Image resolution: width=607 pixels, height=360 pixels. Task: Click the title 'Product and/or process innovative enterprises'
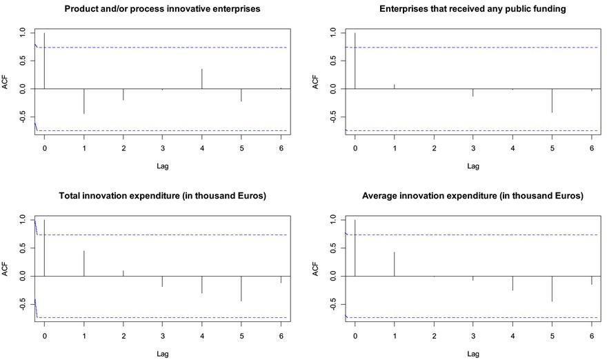pos(162,10)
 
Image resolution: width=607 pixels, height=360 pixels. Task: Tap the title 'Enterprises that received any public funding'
pos(472,10)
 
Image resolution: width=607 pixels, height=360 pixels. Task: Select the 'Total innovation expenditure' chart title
pos(162,196)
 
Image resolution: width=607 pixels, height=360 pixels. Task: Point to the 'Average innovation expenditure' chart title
pos(472,196)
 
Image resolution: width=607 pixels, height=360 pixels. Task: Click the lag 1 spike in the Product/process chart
pos(84,101)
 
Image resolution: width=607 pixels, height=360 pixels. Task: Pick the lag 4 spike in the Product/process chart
pos(202,79)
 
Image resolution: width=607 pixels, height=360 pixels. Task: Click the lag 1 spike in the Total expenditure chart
pos(84,263)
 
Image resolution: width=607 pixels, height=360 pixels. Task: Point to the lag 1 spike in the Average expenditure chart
pos(395,263)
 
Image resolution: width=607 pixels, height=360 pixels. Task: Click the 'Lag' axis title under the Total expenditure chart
pos(162,353)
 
